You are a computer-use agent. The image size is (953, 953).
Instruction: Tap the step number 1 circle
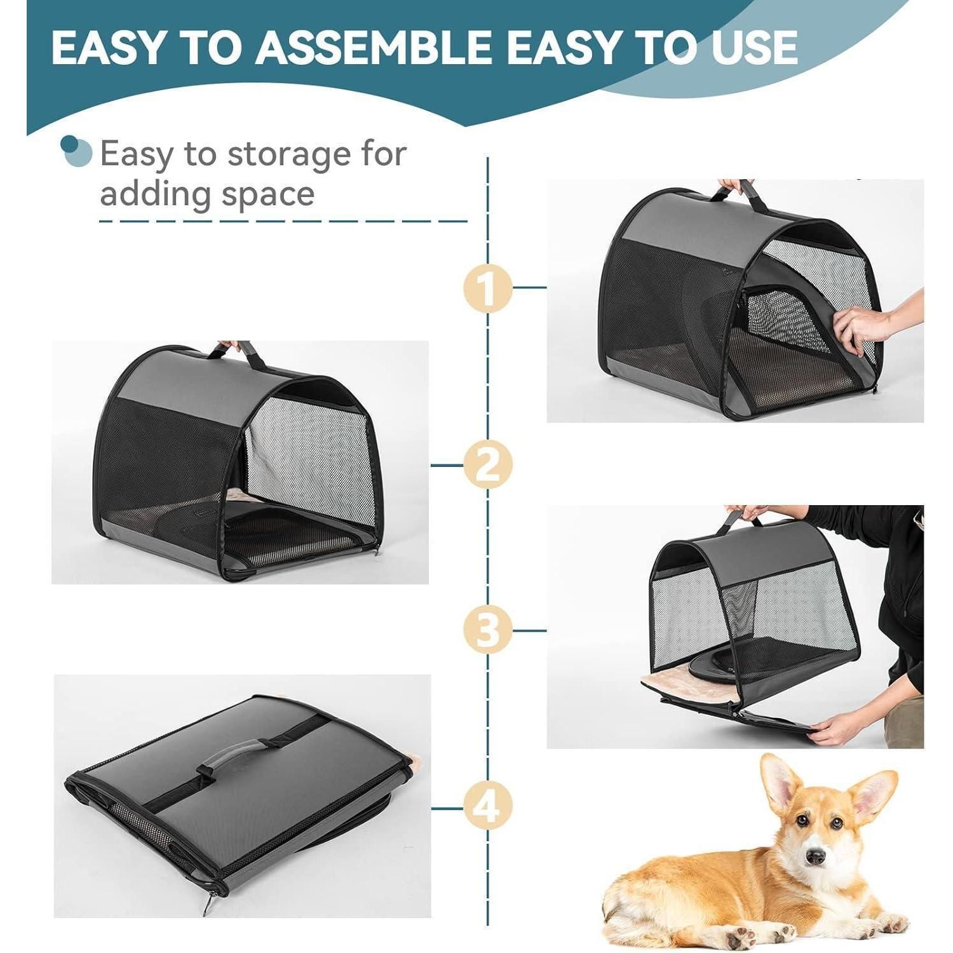click(x=487, y=288)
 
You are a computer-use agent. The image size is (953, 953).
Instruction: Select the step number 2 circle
click(x=487, y=465)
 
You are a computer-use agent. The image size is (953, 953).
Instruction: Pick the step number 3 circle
click(x=487, y=630)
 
